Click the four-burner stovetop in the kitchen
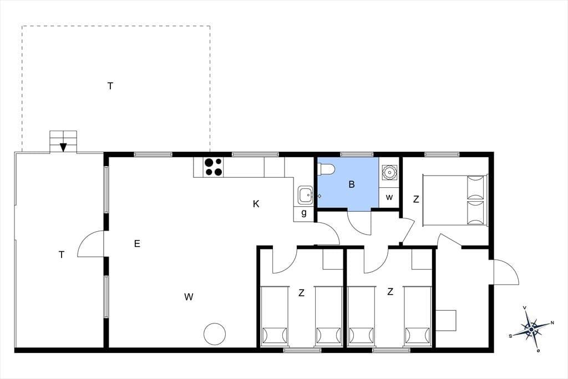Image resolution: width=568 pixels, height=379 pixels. pyautogui.click(x=214, y=167)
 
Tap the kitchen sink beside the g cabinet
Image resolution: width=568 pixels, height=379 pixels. pyautogui.click(x=306, y=196)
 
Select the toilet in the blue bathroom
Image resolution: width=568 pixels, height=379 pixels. pyautogui.click(x=326, y=169)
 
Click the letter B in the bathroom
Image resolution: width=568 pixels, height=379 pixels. pyautogui.click(x=351, y=184)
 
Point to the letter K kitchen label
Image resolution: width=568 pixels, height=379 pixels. pyautogui.click(x=256, y=204)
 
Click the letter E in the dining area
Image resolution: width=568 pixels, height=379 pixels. pyautogui.click(x=137, y=243)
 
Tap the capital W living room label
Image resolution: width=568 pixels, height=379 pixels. pyautogui.click(x=189, y=297)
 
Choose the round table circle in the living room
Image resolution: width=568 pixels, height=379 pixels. pyautogui.click(x=215, y=334)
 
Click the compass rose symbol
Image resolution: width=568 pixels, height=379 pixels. pyautogui.click(x=531, y=329)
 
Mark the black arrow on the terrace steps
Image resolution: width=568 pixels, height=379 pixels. pyautogui.click(x=63, y=147)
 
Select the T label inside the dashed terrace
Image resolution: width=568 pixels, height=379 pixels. pyautogui.click(x=110, y=86)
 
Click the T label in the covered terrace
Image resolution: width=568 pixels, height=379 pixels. pyautogui.click(x=62, y=255)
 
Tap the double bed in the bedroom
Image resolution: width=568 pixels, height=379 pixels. pyautogui.click(x=455, y=200)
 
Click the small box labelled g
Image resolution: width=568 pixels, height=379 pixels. pyautogui.click(x=303, y=213)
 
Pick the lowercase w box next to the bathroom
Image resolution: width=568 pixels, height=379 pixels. pyautogui.click(x=389, y=197)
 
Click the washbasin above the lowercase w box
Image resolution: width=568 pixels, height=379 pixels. pyautogui.click(x=389, y=172)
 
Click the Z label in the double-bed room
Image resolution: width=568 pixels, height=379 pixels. pyautogui.click(x=416, y=199)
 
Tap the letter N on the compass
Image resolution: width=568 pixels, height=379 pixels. pyautogui.click(x=552, y=322)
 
